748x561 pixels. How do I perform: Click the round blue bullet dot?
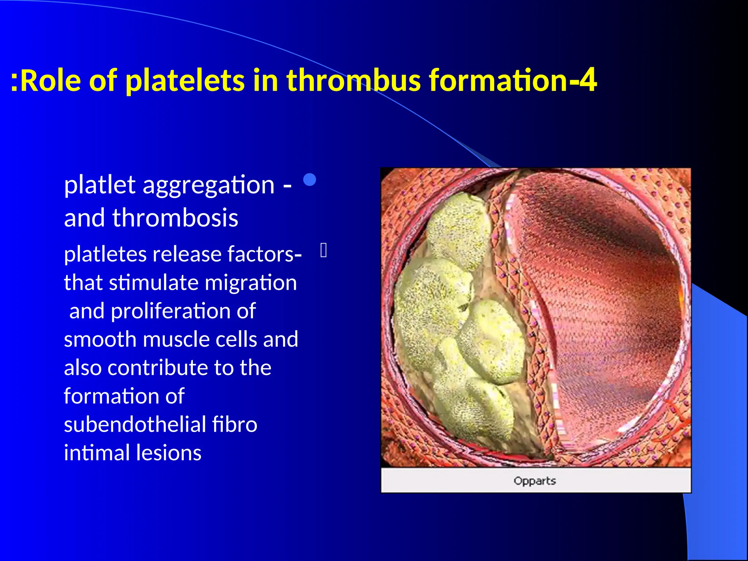[x=310, y=179]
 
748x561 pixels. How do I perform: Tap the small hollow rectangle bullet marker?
[x=324, y=251]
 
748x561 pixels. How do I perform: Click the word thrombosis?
[x=175, y=218]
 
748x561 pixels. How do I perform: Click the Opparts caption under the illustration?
[x=535, y=481]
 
